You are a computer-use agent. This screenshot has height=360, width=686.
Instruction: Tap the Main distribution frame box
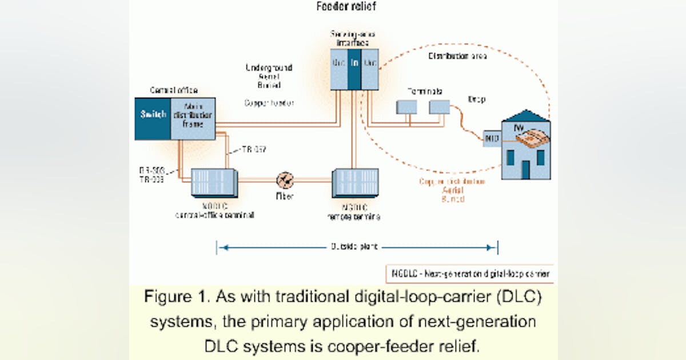pyautogui.click(x=193, y=118)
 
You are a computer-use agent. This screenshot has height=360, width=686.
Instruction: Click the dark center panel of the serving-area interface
pyautogui.click(x=354, y=69)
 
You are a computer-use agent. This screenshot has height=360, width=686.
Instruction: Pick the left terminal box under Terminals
pyautogui.click(x=407, y=107)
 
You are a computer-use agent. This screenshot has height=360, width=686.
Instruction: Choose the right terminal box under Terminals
pyautogui.click(x=440, y=107)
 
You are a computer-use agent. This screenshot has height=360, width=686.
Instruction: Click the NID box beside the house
pyautogui.click(x=492, y=138)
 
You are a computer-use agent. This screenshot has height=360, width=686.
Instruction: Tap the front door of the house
pyautogui.click(x=525, y=170)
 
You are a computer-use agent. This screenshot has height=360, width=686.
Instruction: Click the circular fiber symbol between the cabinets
pyautogui.click(x=285, y=181)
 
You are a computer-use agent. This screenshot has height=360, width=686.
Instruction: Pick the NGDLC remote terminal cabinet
pyautogui.click(x=355, y=183)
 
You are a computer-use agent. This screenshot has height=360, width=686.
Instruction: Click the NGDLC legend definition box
pyautogui.click(x=469, y=274)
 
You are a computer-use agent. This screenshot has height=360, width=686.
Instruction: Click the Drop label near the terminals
pyautogui.click(x=476, y=99)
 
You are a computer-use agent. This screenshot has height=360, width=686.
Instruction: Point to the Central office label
pyautogui.click(x=173, y=90)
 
